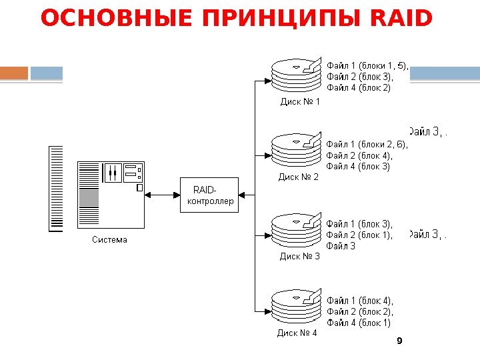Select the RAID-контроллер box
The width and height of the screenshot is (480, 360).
click(x=209, y=195)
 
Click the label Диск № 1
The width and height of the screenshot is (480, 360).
click(x=300, y=102)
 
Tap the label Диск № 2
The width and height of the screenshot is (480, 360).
click(x=299, y=177)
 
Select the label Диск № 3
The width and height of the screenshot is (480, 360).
click(x=299, y=256)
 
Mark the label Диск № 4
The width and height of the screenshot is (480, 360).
click(x=297, y=333)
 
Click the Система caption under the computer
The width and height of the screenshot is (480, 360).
click(x=109, y=240)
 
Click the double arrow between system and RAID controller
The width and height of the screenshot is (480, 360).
click(x=163, y=195)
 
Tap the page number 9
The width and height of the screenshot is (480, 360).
click(x=399, y=341)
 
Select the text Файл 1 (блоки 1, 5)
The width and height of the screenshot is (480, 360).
click(x=367, y=66)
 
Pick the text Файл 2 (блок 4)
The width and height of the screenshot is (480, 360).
click(x=359, y=156)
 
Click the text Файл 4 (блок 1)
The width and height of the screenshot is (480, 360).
click(x=359, y=323)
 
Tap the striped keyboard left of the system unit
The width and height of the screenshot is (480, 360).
click(x=57, y=189)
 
